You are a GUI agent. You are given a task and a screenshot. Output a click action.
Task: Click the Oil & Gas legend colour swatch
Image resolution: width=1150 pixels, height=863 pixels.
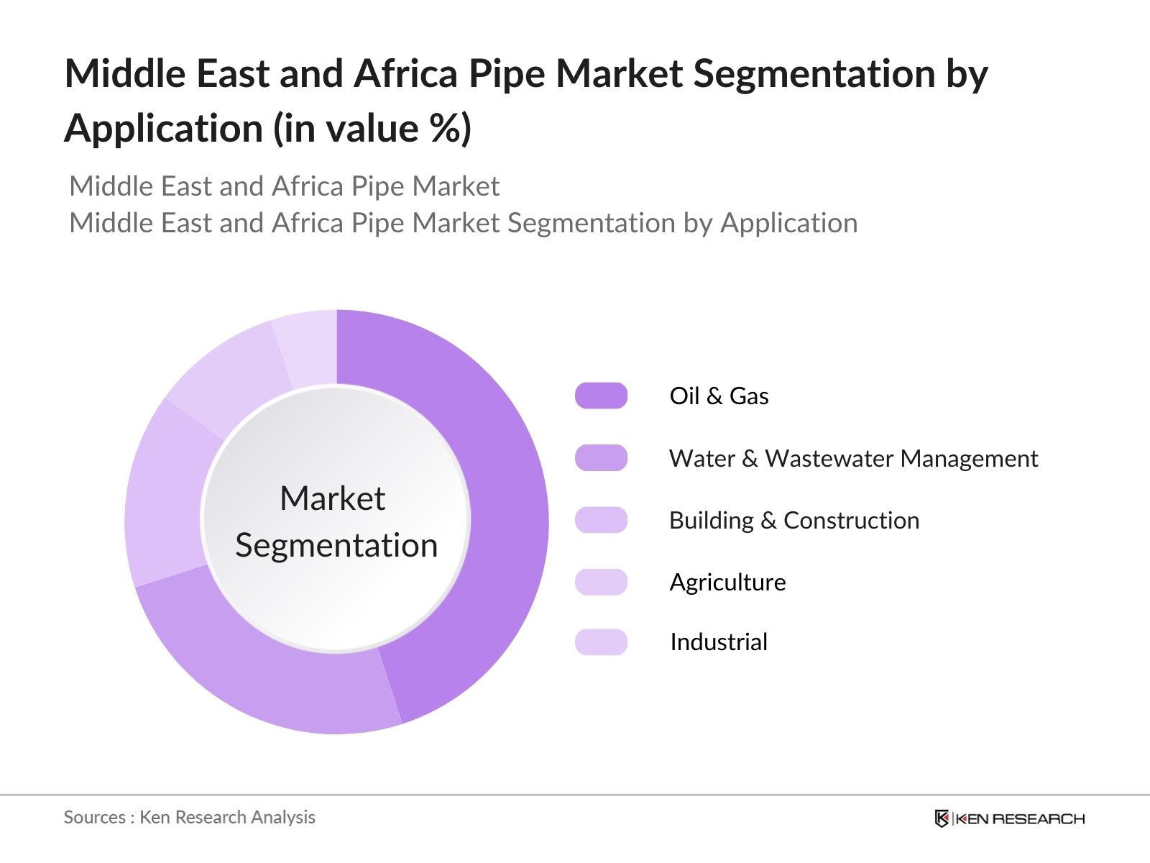click(x=601, y=396)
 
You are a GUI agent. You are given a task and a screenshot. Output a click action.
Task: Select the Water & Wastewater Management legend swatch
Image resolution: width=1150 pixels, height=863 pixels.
click(x=601, y=458)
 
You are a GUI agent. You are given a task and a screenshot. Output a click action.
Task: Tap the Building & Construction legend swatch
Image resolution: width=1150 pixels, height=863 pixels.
click(x=601, y=520)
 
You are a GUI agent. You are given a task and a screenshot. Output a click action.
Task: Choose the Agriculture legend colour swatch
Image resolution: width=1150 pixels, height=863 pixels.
click(x=601, y=582)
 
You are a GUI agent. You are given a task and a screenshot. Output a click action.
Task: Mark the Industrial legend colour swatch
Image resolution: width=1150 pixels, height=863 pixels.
click(x=601, y=642)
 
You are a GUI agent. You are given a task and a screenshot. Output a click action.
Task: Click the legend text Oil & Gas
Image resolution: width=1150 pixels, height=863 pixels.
click(x=719, y=396)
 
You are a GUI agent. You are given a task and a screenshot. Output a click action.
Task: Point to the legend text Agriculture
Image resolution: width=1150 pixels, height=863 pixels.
click(x=727, y=582)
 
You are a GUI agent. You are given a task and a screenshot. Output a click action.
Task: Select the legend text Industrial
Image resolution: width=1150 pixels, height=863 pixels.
click(x=719, y=642)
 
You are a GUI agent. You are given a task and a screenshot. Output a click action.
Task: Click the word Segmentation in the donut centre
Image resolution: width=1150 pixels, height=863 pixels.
click(x=336, y=545)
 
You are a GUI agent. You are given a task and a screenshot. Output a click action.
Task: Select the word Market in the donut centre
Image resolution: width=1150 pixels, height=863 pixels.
click(x=332, y=498)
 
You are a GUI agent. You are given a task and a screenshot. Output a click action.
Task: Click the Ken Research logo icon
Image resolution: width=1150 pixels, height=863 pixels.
click(x=942, y=818)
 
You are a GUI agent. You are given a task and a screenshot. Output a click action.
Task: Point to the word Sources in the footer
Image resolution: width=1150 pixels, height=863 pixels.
click(x=95, y=817)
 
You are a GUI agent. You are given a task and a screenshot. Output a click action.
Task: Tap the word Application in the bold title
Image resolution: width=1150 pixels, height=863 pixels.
click(x=164, y=129)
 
